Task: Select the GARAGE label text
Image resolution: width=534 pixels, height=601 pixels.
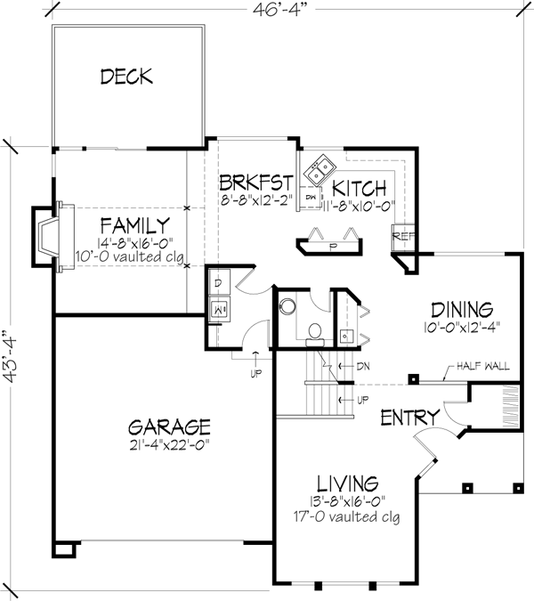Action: pos(167,426)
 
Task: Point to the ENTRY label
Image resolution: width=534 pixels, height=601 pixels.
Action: pos(410,418)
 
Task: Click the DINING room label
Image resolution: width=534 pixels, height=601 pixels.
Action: pos(461,310)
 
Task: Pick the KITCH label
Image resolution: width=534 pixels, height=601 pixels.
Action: pos(360,189)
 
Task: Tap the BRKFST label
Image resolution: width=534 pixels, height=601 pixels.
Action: pos(257,183)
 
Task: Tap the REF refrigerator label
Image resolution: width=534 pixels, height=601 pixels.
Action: pos(402,237)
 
